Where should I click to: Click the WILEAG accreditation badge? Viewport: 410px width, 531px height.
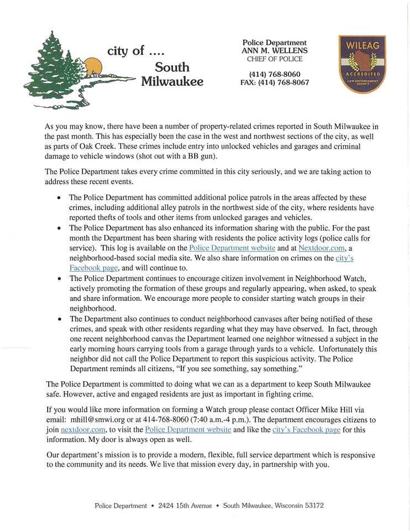tap(362, 64)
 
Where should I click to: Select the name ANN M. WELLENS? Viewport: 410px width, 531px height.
tap(275, 51)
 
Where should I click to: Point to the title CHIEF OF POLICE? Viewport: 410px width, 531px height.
tap(275, 59)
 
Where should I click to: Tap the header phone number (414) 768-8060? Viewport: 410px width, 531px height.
tap(275, 75)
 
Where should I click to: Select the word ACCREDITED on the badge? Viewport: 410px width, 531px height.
tap(362, 74)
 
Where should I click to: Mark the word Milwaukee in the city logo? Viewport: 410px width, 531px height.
tap(172, 81)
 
